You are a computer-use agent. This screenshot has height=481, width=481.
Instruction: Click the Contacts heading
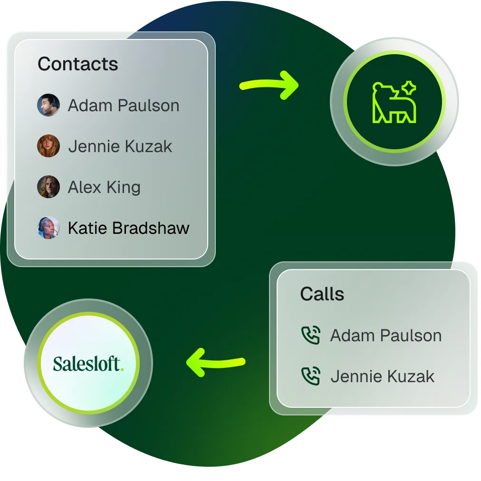click(x=78, y=64)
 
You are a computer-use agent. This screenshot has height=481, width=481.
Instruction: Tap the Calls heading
click(x=322, y=294)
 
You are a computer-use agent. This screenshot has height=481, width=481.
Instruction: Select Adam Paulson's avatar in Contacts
click(x=48, y=105)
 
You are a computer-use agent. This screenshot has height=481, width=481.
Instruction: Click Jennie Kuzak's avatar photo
click(x=48, y=146)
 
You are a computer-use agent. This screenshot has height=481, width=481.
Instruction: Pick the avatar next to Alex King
click(x=48, y=187)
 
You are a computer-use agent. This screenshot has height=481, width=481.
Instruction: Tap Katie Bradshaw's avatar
click(x=48, y=228)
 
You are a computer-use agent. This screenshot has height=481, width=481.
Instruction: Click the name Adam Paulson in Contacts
click(x=124, y=106)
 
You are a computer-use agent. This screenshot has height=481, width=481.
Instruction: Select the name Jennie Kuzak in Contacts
click(x=120, y=146)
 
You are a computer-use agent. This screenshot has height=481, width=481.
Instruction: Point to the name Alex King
click(x=104, y=187)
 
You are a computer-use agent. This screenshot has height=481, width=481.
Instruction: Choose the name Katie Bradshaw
click(x=128, y=228)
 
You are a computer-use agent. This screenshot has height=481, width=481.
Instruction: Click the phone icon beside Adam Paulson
click(x=311, y=336)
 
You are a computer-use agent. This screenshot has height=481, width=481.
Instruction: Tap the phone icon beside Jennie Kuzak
click(x=311, y=376)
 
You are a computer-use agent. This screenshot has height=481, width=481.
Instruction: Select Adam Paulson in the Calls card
click(x=386, y=336)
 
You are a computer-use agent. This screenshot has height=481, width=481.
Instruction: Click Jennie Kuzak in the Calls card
click(x=382, y=377)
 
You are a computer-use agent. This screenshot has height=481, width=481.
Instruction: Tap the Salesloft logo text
click(x=87, y=364)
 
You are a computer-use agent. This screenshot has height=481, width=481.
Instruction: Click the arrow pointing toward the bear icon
click(x=269, y=86)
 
